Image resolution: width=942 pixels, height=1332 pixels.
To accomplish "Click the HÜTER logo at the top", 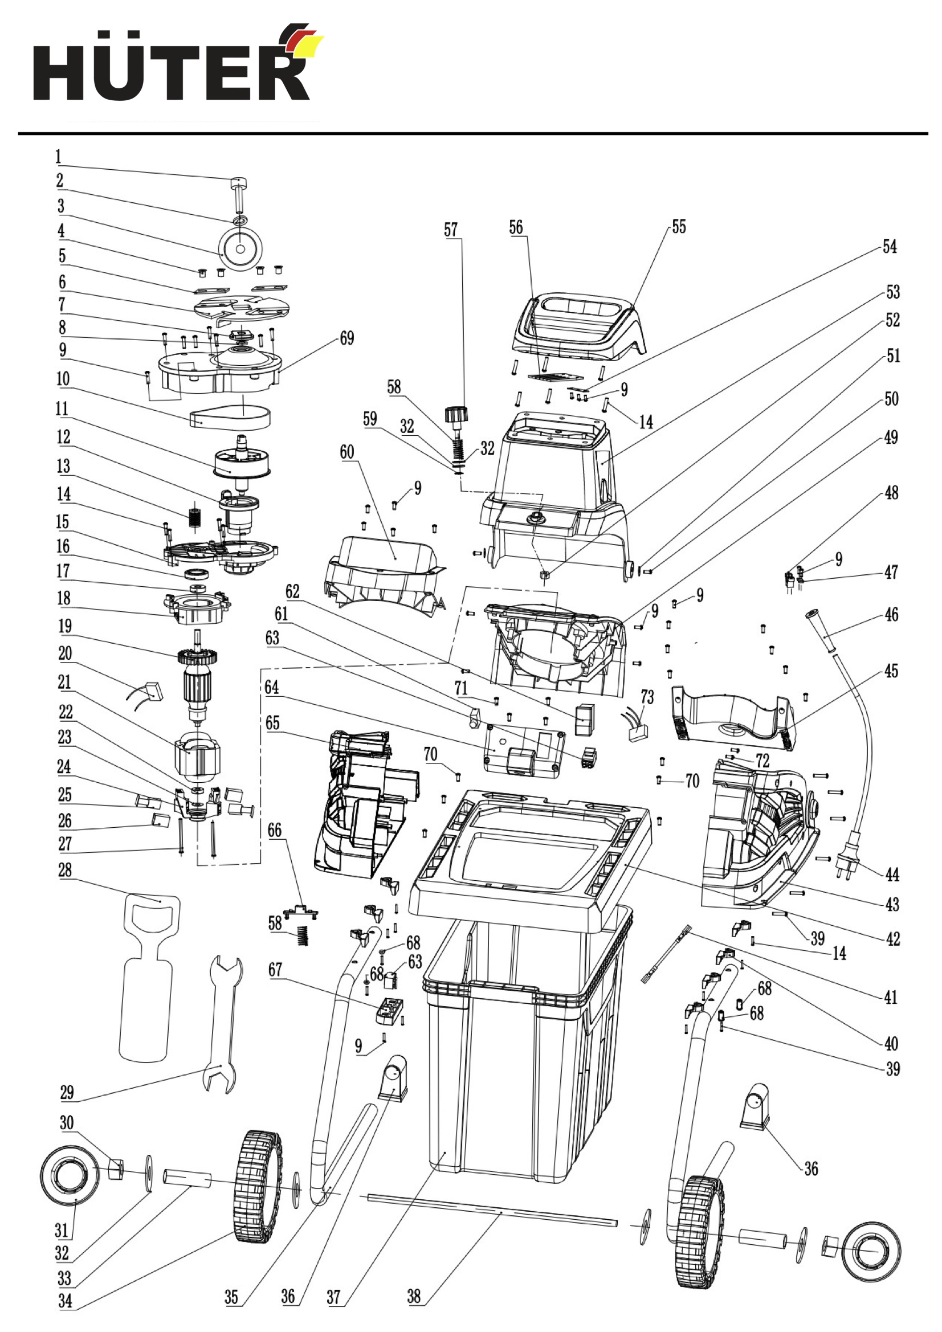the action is (x=177, y=64).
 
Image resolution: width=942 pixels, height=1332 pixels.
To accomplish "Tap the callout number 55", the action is (x=679, y=227).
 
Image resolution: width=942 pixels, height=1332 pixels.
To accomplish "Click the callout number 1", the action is (x=58, y=157).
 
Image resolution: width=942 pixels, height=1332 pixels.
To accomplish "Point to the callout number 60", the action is (x=347, y=452).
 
